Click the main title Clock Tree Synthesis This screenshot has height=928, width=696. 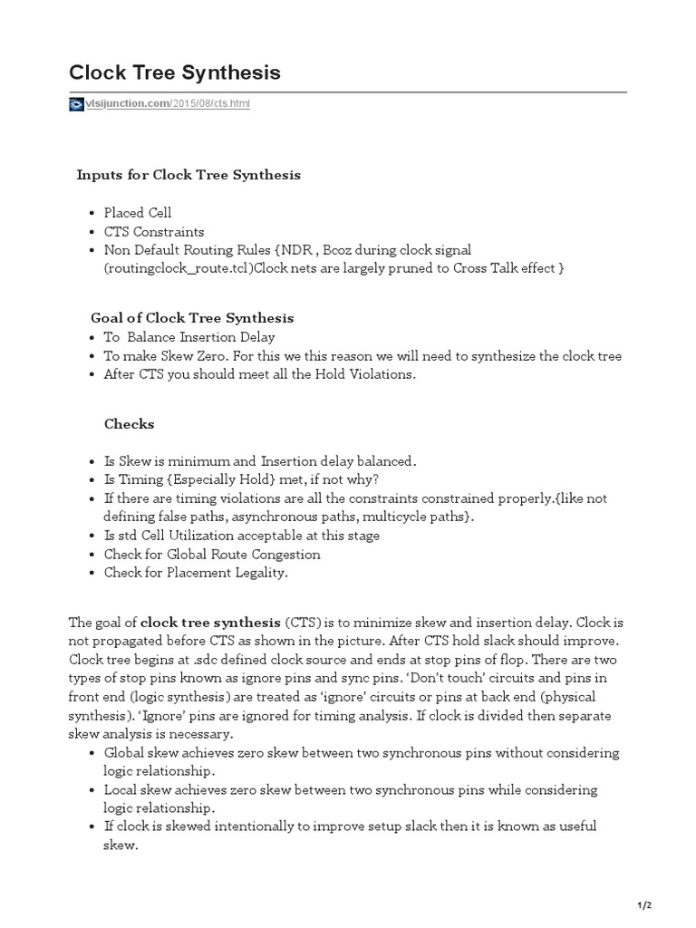tap(175, 73)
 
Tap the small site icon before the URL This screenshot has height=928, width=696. tap(76, 104)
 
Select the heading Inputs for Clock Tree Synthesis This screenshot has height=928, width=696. tap(188, 175)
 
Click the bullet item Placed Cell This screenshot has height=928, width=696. tap(138, 213)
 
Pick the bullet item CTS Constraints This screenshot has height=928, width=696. tap(154, 231)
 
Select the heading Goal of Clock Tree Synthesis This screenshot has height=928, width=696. tap(192, 318)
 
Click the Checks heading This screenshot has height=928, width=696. tap(129, 423)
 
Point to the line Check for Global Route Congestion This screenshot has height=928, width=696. tap(212, 554)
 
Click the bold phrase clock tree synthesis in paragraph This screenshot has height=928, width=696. tap(211, 623)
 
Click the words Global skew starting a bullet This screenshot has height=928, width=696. tap(137, 752)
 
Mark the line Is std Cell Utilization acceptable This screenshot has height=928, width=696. tap(241, 536)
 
